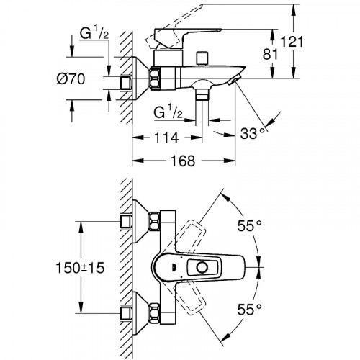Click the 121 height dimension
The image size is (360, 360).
point(292,42)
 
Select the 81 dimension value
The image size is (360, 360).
point(271,54)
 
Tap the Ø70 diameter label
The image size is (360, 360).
point(71,79)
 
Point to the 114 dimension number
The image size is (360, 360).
point(166,138)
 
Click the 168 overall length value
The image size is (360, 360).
point(183,161)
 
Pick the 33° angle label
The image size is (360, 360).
point(253,133)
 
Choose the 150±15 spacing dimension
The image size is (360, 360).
point(80,268)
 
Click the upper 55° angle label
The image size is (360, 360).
point(250,225)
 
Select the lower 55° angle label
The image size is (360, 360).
point(250,310)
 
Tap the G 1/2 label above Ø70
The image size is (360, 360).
point(94,34)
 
